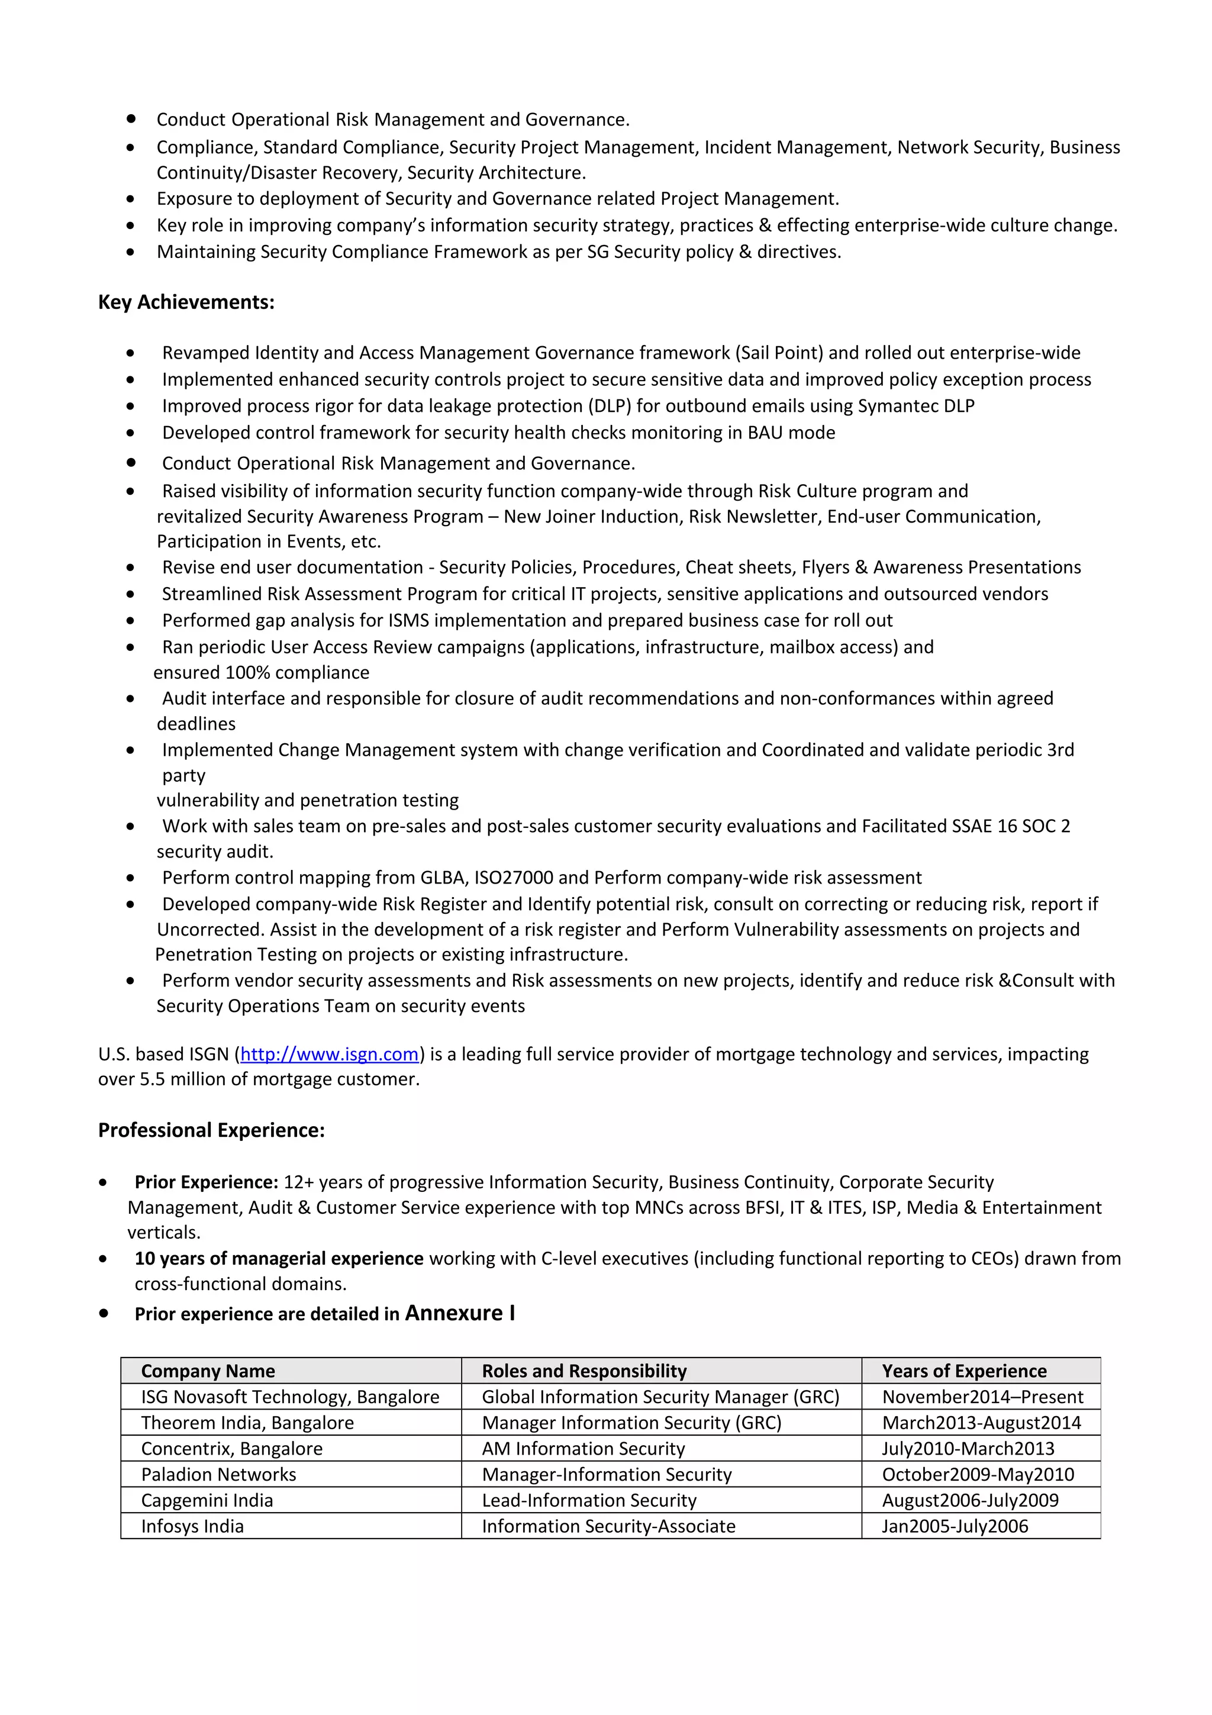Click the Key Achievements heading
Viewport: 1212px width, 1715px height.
coord(186,302)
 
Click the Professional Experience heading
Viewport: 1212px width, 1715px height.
coord(211,1130)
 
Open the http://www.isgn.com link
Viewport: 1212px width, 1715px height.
coord(328,1054)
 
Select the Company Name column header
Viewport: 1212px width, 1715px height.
coord(208,1371)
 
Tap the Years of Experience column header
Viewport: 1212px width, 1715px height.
coord(963,1371)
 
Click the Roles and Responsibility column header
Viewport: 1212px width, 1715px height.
coord(584,1371)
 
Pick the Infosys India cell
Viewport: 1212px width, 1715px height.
coord(193,1526)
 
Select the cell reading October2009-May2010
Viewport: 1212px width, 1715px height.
coord(978,1475)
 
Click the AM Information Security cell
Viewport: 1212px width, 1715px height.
coord(584,1448)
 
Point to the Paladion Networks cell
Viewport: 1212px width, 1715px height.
coord(219,1475)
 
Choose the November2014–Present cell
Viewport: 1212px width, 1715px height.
coord(982,1397)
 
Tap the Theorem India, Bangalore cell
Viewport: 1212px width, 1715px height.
coord(247,1423)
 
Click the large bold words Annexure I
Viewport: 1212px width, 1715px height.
coord(459,1313)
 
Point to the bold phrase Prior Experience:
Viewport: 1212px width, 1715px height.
coord(206,1182)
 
